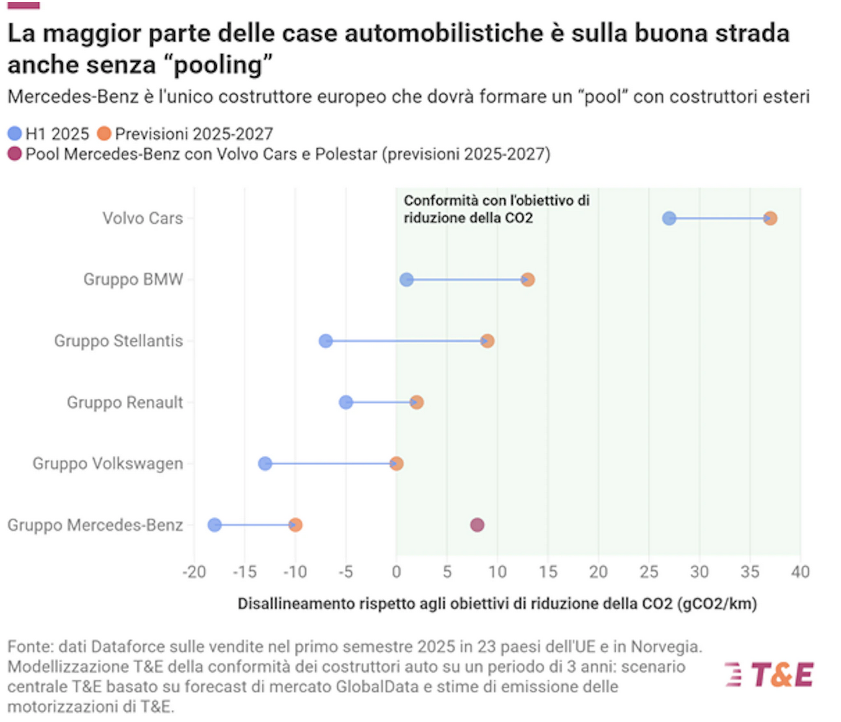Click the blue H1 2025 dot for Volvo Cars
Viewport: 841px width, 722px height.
click(x=669, y=218)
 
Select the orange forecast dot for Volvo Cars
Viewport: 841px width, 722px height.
click(x=770, y=218)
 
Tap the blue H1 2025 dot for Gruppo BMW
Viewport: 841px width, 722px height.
click(x=406, y=279)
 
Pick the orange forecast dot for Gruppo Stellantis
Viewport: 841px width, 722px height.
click(x=487, y=341)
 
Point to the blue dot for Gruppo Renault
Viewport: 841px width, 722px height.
click(x=346, y=402)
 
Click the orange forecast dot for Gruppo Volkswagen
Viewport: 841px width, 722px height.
click(x=396, y=463)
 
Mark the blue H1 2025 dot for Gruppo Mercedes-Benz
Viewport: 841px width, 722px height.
click(x=214, y=524)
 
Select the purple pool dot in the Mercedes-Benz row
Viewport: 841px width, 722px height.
click(x=477, y=524)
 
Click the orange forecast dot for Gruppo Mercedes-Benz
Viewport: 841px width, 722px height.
click(x=295, y=524)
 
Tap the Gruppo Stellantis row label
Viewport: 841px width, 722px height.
click(x=118, y=341)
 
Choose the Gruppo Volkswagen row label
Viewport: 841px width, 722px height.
click(x=108, y=463)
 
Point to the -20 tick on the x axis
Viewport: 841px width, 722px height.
click(x=194, y=572)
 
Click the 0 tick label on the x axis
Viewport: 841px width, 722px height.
click(x=396, y=572)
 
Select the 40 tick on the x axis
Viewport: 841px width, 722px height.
click(x=800, y=572)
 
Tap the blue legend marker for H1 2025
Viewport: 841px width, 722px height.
click(x=15, y=133)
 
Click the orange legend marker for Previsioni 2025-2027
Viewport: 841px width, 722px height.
click(x=104, y=133)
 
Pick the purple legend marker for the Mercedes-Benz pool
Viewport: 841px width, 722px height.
click(x=15, y=154)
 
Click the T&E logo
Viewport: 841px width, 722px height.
click(x=770, y=674)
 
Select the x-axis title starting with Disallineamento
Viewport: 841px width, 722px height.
click(x=497, y=604)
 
